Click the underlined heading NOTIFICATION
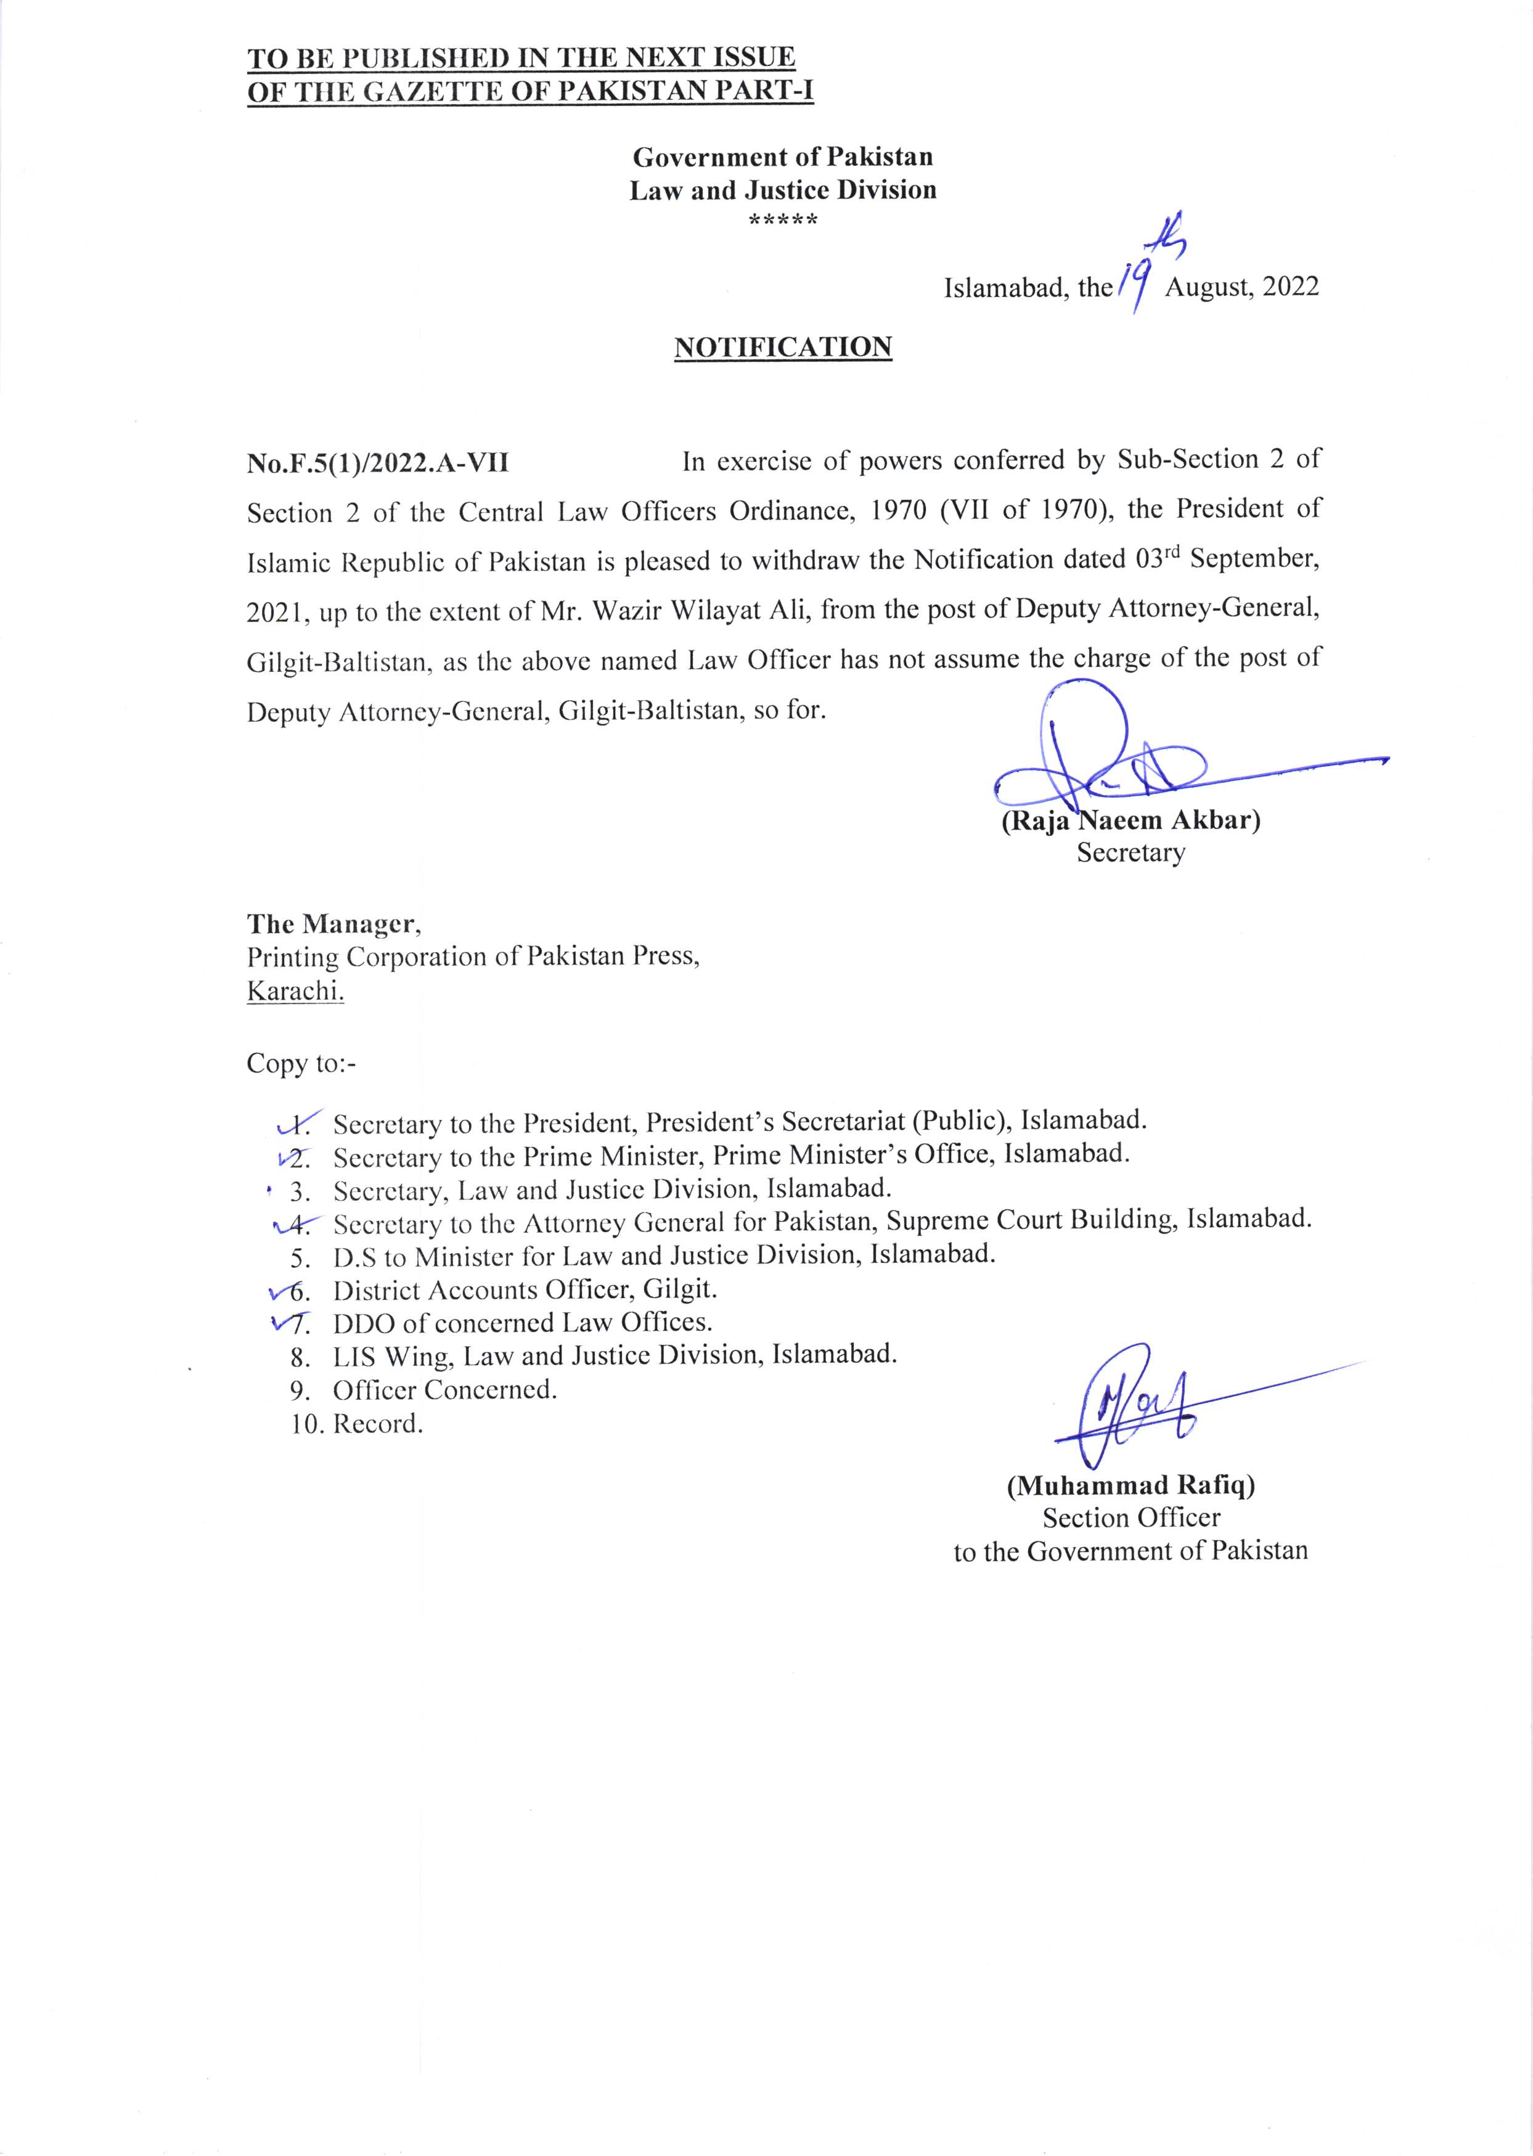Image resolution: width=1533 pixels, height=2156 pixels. point(783,348)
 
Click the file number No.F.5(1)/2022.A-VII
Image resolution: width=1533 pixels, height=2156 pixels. point(378,463)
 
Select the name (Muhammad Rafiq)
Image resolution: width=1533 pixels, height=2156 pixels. point(1130,1486)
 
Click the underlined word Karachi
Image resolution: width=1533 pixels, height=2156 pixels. point(295,991)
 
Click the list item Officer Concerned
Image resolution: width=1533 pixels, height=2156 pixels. point(444,1389)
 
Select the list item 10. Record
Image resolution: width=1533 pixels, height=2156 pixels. point(358,1424)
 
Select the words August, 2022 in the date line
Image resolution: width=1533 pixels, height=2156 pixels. point(1241,287)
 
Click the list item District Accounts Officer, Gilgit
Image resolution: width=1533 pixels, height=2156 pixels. point(525,1289)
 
